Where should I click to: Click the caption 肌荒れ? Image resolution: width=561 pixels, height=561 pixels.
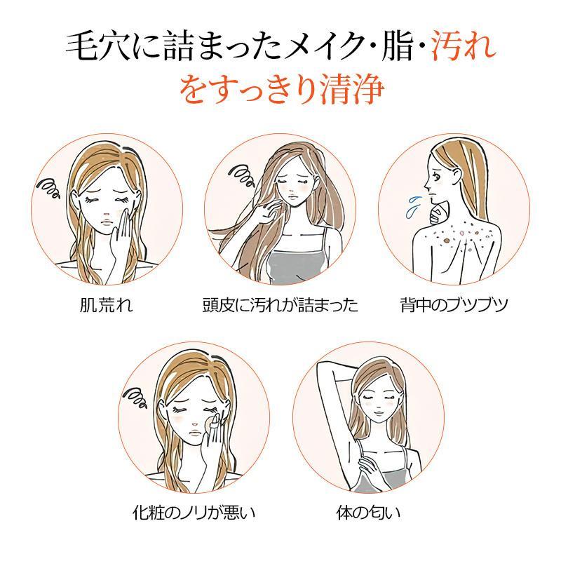[x=107, y=305]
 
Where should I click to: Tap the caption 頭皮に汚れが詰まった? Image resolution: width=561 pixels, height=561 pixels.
[x=280, y=305]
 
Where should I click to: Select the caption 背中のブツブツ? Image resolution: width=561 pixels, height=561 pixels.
[x=454, y=305]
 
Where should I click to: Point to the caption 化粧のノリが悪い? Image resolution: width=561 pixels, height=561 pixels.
[x=194, y=513]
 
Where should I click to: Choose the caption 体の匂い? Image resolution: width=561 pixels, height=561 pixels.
[x=368, y=513]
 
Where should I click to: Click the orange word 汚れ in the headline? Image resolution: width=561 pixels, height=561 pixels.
[x=464, y=46]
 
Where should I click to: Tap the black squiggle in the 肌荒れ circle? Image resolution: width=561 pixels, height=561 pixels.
[x=48, y=188]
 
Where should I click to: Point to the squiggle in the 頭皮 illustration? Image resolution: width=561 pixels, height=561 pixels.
[x=242, y=175]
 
